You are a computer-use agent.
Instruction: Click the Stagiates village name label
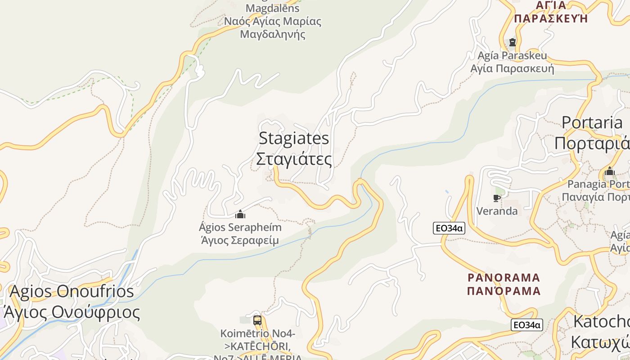(294, 138)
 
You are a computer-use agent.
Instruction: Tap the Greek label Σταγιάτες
(294, 159)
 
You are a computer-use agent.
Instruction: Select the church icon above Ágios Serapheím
(240, 214)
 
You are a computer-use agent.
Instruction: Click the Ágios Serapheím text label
(240, 227)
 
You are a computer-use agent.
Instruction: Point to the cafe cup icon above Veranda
(497, 198)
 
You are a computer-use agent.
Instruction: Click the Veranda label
(497, 211)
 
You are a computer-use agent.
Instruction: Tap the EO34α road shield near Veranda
(449, 228)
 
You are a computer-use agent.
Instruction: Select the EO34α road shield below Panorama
(526, 325)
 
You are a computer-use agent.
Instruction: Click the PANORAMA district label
(504, 277)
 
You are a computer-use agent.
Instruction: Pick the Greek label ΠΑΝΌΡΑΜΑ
(504, 291)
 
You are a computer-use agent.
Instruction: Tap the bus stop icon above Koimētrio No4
(257, 320)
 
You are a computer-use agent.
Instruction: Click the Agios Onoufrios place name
(72, 292)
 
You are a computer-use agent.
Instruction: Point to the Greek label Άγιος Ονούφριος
(72, 312)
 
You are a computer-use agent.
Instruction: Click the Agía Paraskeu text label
(512, 56)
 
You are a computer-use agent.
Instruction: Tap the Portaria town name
(592, 122)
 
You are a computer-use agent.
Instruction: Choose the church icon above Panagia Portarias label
(610, 171)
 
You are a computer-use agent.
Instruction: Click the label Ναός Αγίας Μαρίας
(273, 21)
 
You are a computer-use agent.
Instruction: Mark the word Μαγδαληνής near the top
(273, 34)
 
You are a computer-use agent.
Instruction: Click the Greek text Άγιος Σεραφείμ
(240, 240)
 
